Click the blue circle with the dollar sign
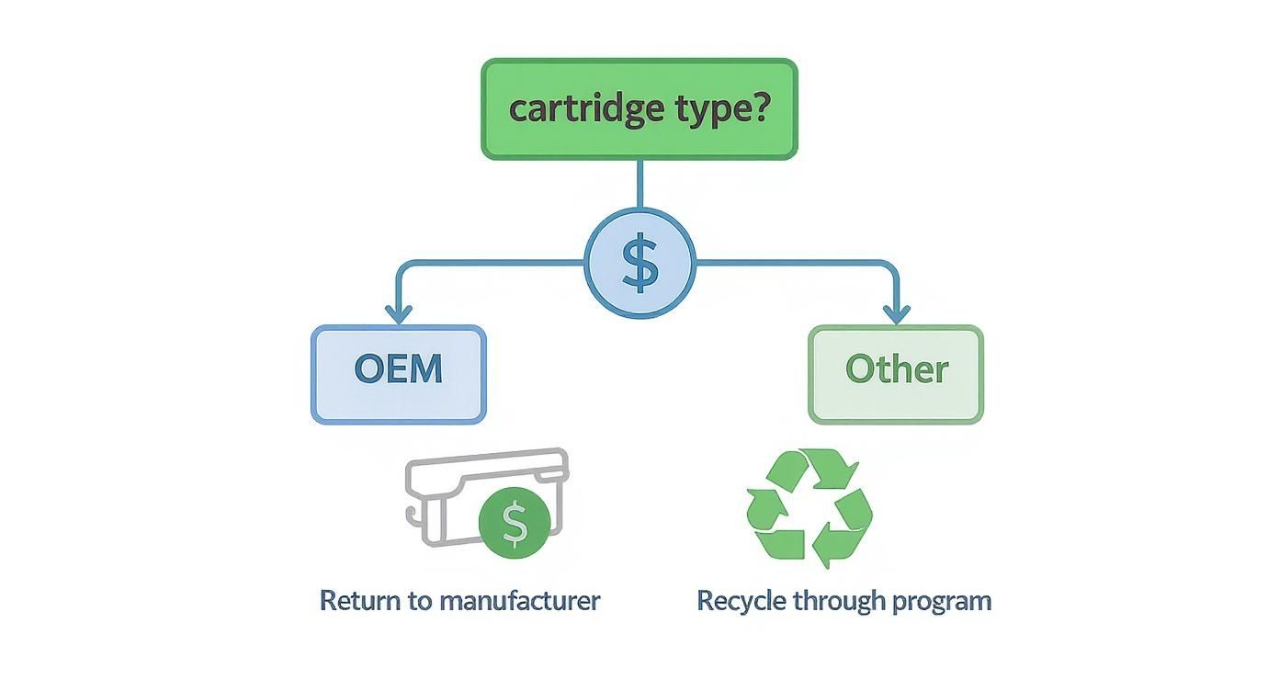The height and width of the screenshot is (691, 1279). pyautogui.click(x=639, y=264)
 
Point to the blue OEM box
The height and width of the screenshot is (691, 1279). pyautogui.click(x=398, y=374)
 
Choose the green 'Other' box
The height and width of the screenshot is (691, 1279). pyautogui.click(x=896, y=374)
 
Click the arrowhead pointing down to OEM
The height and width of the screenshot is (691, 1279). pyautogui.click(x=398, y=312)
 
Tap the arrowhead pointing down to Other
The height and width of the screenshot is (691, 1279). pyautogui.click(x=897, y=312)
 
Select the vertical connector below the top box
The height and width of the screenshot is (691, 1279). pyautogui.click(x=639, y=184)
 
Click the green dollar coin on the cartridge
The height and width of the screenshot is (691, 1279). pyautogui.click(x=515, y=523)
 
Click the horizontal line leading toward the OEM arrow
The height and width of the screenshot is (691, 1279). pyautogui.click(x=496, y=265)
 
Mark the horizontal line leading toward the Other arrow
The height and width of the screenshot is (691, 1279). pyautogui.click(x=790, y=265)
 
